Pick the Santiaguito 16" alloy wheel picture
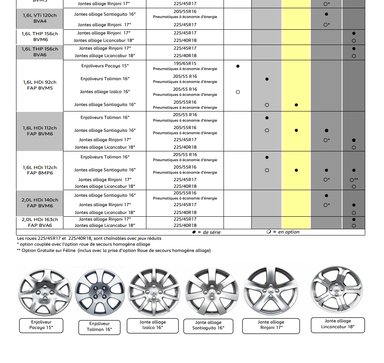[209, 291]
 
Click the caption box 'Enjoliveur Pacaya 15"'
[41, 325]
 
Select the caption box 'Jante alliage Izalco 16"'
[153, 325]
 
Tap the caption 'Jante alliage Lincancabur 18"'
[338, 324]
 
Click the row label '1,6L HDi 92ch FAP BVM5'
[40, 85]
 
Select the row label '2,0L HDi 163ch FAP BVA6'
[40, 222]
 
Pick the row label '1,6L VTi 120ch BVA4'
[40, 18]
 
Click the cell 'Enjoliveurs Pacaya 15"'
[105, 66]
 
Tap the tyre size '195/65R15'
[185, 63]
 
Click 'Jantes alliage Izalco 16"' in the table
[105, 92]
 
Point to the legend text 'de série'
[211, 232]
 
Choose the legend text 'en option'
[288, 232]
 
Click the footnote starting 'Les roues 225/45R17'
[89, 238]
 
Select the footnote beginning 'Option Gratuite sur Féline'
[115, 250]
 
